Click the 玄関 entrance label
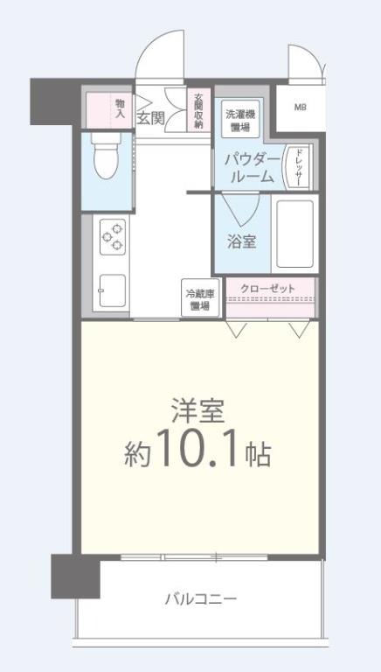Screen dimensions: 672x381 150,117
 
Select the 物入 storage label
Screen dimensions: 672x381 120,108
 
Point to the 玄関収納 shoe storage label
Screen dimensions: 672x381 198,110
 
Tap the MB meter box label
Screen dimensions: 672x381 300,108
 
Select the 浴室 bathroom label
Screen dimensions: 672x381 242,241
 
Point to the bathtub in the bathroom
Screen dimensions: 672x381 294,234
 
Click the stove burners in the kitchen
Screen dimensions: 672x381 114,235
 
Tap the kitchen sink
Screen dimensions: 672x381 113,290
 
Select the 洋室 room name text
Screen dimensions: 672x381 197,411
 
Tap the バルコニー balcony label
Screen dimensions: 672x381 201,599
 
